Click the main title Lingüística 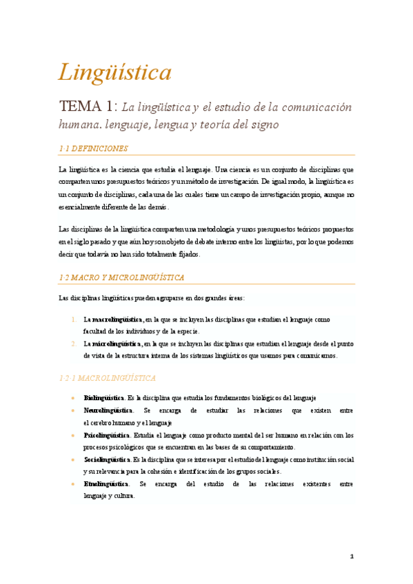point(114,72)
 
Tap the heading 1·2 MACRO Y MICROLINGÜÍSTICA point(121,278)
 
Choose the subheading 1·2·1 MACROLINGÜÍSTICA point(107,378)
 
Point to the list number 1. point(74,320)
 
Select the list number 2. point(74,343)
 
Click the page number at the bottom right point(351,556)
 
